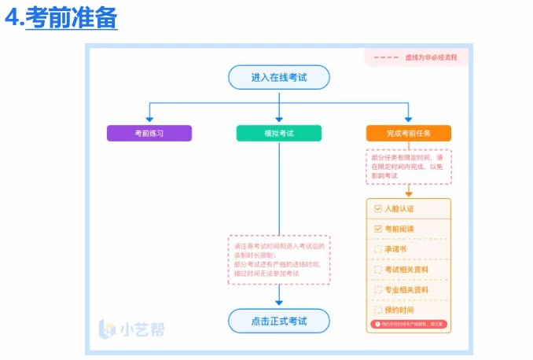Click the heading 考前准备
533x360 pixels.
(71, 17)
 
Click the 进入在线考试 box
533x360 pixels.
(278, 77)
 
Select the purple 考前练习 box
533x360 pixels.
(149, 134)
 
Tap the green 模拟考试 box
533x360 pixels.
(278, 134)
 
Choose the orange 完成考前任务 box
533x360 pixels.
(409, 134)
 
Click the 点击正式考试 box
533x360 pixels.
(278, 321)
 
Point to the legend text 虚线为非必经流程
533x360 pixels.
(431, 57)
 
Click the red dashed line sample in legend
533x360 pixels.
(385, 57)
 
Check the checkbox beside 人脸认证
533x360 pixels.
(377, 209)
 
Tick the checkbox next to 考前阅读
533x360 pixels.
(377, 229)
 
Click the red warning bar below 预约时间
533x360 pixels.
(409, 324)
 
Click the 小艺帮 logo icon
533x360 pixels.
(107, 329)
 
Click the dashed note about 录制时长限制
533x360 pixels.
(278, 259)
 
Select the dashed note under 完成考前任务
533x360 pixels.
(409, 167)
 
